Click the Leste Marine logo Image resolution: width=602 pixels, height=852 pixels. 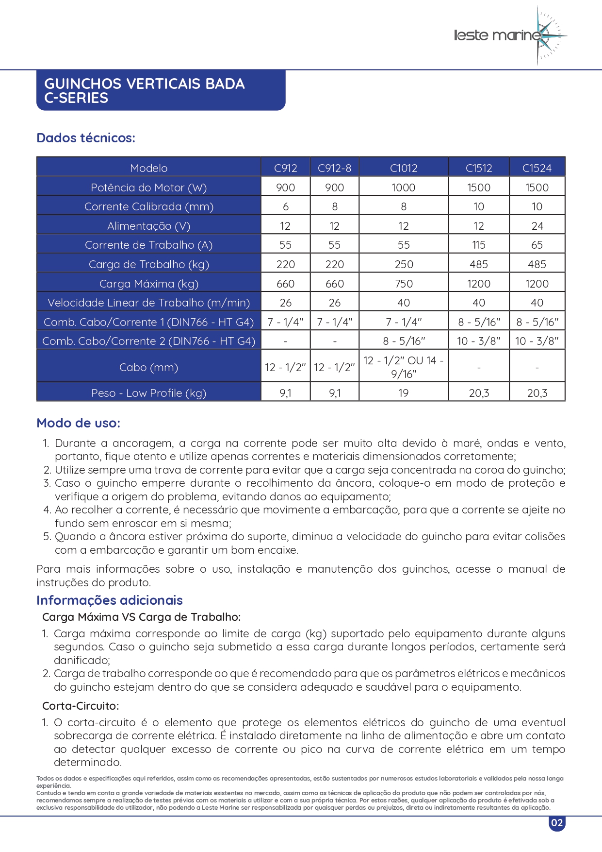click(509, 35)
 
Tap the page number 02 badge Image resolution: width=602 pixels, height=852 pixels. click(557, 823)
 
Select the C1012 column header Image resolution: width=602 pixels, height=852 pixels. click(404, 168)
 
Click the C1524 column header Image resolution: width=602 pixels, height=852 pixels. click(537, 168)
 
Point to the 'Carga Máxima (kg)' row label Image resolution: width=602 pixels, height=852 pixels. click(149, 284)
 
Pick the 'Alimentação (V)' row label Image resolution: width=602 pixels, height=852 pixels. click(149, 226)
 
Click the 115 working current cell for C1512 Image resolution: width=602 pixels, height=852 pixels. click(479, 245)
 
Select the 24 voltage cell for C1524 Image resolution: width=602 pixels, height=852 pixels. click(537, 226)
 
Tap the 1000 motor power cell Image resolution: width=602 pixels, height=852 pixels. click(404, 187)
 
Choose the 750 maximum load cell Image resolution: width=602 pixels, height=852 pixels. click(404, 284)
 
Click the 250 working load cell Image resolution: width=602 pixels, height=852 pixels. click(404, 264)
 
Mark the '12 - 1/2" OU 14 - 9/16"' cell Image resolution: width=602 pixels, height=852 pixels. click(404, 367)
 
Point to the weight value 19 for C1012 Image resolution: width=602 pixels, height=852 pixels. click(404, 393)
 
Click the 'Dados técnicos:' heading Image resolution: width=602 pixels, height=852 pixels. click(86, 138)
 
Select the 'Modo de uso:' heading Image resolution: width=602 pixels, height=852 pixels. click(79, 423)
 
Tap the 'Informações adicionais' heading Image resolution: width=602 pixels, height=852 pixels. click(110, 600)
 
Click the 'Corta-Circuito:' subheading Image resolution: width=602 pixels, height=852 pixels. click(81, 706)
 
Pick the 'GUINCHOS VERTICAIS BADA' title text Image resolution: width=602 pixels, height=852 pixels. click(145, 84)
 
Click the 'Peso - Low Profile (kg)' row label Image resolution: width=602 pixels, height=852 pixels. click(149, 393)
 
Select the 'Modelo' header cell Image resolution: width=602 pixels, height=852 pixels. click(149, 168)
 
